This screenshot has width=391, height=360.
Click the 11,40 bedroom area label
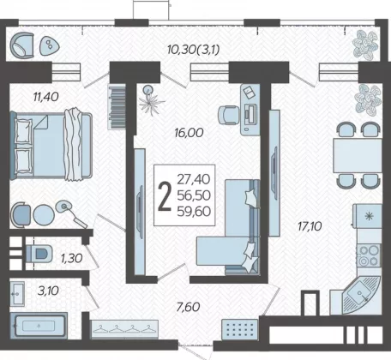(46, 97)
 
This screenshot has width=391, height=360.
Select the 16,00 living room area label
(189, 133)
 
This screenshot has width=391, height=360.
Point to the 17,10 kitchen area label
(310, 226)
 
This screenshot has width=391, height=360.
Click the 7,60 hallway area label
(188, 307)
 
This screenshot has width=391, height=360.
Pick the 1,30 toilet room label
(72, 258)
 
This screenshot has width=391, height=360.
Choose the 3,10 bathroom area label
(48, 291)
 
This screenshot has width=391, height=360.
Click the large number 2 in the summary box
(165, 196)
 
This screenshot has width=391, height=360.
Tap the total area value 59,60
(194, 212)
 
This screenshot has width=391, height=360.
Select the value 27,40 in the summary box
(194, 179)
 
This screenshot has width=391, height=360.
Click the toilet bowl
(39, 254)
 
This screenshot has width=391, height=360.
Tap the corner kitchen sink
(361, 294)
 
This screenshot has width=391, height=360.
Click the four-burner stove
(369, 255)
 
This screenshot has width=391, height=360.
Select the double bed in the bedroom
(51, 145)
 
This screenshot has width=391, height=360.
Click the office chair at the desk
(228, 115)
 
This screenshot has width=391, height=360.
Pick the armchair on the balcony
(22, 45)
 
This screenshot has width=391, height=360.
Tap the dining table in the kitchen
(358, 155)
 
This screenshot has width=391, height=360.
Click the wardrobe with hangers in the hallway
(124, 328)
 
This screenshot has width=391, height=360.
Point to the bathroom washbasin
(17, 294)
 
